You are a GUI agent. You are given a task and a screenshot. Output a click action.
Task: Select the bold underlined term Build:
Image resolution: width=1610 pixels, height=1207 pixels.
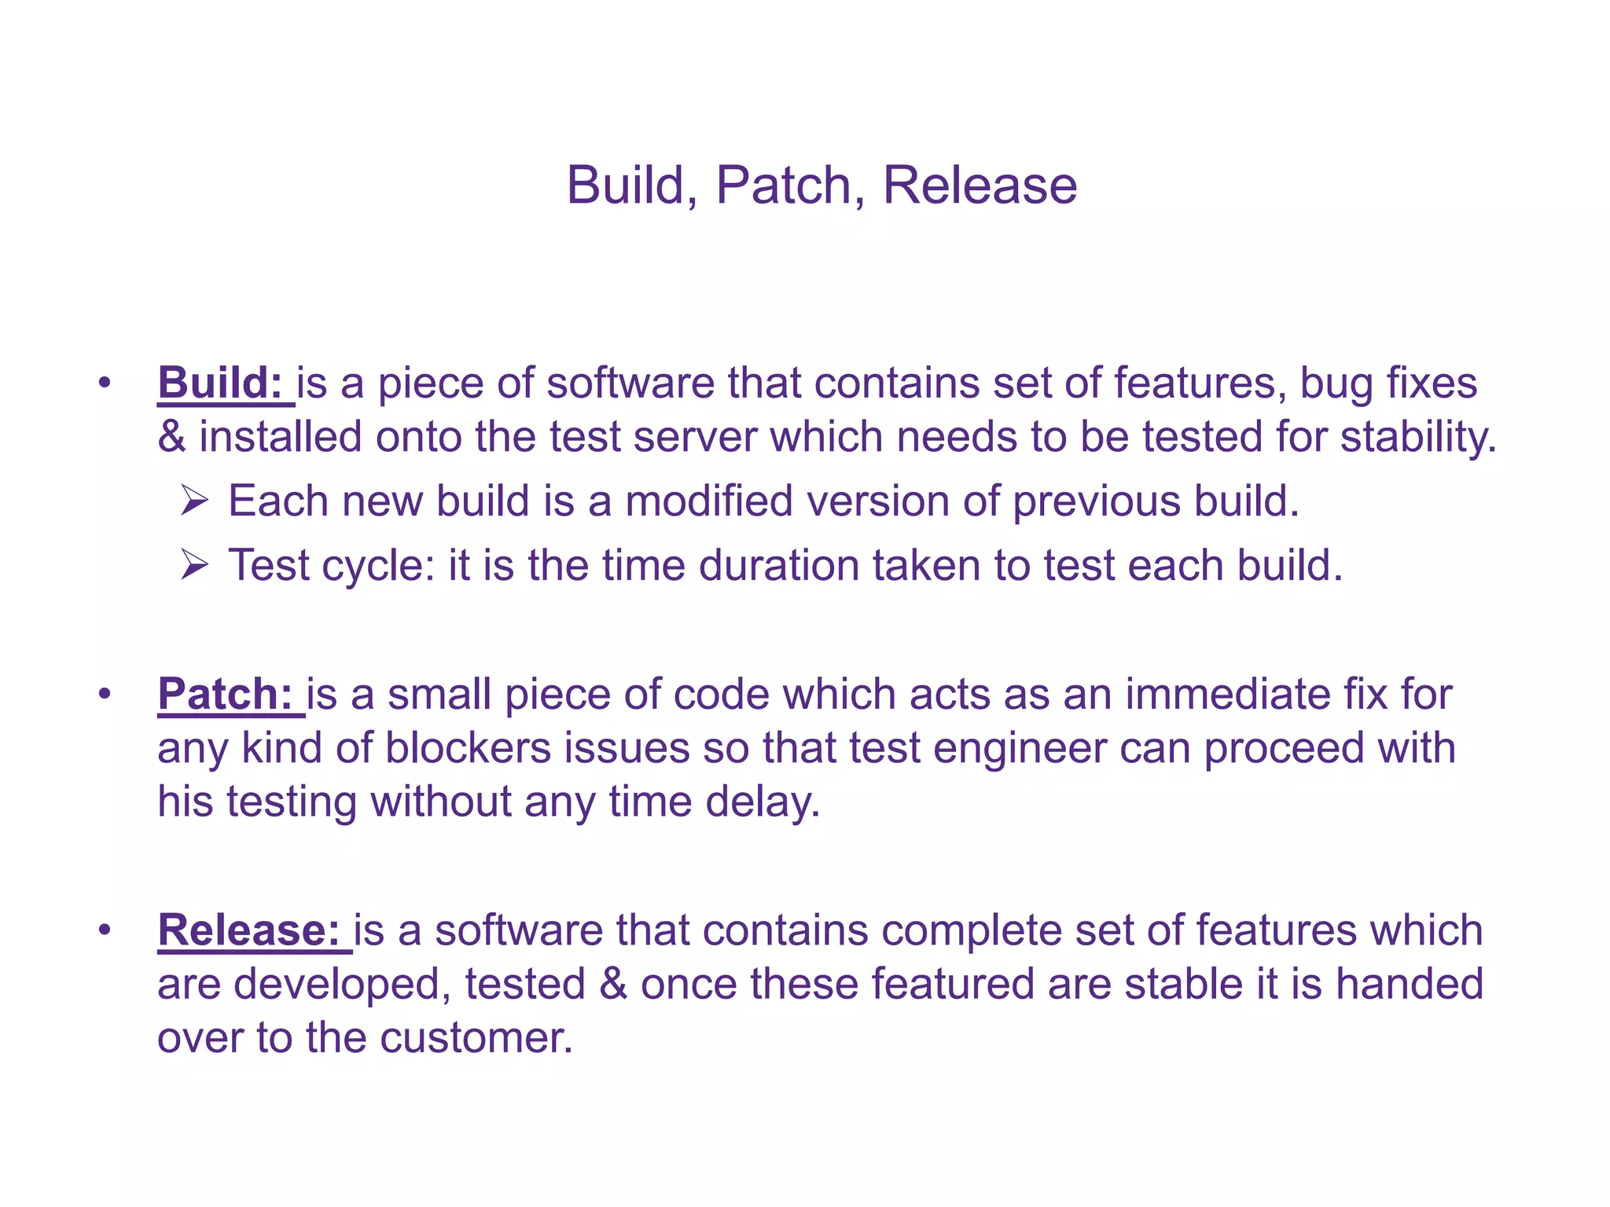point(220,383)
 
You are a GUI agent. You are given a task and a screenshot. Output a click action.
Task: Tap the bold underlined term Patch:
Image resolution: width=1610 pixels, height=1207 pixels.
point(226,695)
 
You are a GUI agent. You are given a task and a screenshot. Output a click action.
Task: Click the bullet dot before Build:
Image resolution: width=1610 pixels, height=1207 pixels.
point(105,384)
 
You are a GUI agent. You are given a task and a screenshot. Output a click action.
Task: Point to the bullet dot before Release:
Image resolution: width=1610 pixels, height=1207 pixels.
point(105,931)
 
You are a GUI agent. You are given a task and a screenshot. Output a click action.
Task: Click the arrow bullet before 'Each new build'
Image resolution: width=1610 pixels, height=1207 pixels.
point(193,501)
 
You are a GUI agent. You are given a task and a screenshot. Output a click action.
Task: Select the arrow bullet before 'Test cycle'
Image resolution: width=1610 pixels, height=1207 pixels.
point(193,565)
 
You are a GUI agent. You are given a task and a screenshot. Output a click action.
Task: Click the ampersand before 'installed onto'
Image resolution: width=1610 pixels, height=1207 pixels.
point(171,437)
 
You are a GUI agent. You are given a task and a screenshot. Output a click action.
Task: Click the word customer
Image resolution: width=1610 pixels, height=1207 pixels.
point(476,1038)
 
